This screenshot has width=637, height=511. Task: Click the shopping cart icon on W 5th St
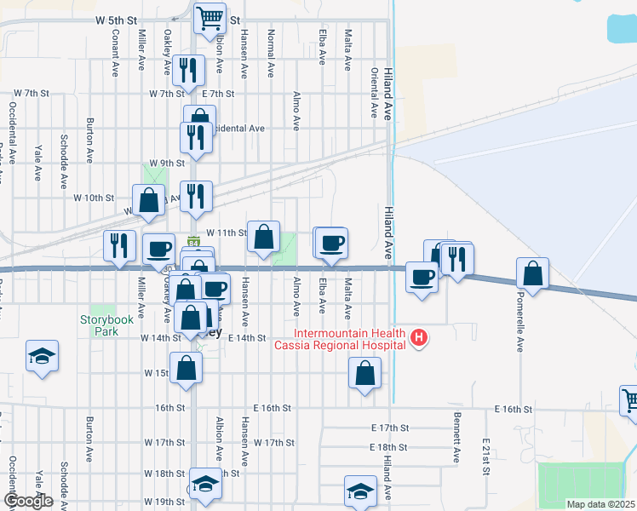[209, 17]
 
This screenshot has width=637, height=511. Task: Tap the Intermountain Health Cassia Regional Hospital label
[349, 340]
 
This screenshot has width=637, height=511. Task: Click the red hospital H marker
[418, 339]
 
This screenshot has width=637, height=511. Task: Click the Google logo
[27, 501]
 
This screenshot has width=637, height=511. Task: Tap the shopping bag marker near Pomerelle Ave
[532, 273]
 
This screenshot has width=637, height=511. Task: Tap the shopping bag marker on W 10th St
[149, 200]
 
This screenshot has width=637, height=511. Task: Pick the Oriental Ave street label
[373, 93]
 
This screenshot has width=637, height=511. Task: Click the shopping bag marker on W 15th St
[187, 369]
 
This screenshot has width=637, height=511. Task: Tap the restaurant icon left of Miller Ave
[119, 245]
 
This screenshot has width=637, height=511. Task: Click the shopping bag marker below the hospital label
[364, 373]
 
